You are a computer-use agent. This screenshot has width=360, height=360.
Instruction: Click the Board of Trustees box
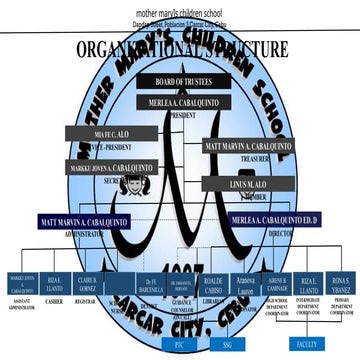183,82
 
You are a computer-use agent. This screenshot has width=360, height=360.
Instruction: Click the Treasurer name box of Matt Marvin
247,146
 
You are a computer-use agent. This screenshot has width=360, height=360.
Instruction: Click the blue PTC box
179,343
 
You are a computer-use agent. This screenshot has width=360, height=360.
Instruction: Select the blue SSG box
227,343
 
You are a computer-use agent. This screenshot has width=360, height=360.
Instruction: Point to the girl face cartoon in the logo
157,187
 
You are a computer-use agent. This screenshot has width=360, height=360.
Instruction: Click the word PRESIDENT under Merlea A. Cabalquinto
184,115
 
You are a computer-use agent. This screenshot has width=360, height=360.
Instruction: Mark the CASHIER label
54,300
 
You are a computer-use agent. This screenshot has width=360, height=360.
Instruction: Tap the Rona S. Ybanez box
340,281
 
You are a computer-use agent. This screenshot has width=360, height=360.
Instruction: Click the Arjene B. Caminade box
278,281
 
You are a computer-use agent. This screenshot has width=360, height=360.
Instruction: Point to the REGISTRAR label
86,300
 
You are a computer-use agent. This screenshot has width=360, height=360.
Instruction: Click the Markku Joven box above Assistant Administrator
23,282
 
